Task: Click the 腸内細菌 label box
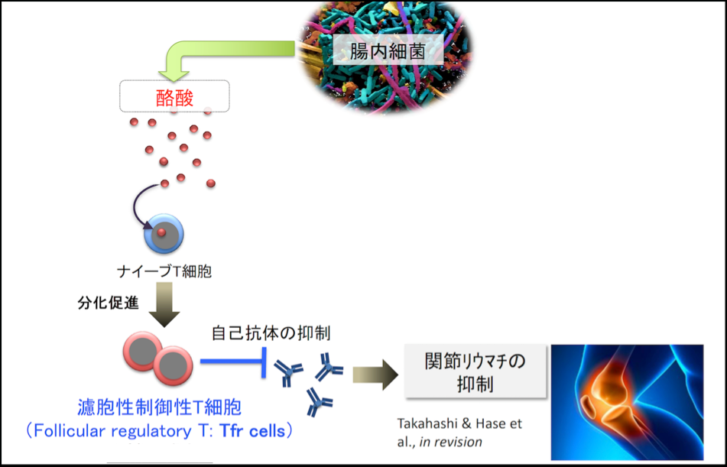tap(387, 52)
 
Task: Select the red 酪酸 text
tap(174, 97)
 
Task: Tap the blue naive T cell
tap(164, 233)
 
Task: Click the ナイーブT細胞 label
tap(163, 271)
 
